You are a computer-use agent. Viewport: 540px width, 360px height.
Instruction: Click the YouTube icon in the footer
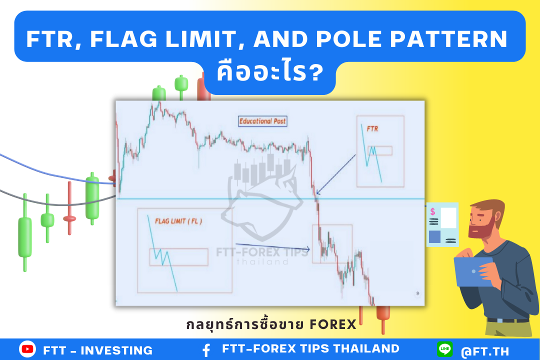click(x=27, y=349)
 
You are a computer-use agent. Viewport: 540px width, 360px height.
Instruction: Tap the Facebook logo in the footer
click(x=206, y=350)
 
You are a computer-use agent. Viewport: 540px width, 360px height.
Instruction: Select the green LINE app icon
click(x=444, y=349)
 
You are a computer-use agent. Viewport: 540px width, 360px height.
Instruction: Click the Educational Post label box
click(x=262, y=121)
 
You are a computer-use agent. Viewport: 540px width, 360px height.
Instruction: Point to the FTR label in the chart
click(x=372, y=129)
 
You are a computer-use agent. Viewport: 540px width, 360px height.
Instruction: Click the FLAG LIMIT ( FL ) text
click(x=178, y=221)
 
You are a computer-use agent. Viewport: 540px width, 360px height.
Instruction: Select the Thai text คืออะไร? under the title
click(x=270, y=72)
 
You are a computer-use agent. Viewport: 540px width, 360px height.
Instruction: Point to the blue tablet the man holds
click(x=473, y=272)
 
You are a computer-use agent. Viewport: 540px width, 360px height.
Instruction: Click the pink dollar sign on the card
click(x=432, y=211)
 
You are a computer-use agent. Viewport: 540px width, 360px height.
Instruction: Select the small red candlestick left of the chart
click(x=69, y=208)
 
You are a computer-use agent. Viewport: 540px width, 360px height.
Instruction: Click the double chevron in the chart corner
click(x=417, y=293)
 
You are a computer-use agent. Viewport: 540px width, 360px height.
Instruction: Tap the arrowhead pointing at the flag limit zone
click(x=307, y=248)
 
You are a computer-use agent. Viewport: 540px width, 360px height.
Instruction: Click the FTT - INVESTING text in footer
click(x=98, y=350)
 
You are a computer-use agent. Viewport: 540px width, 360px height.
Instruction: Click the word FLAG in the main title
click(x=123, y=39)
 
